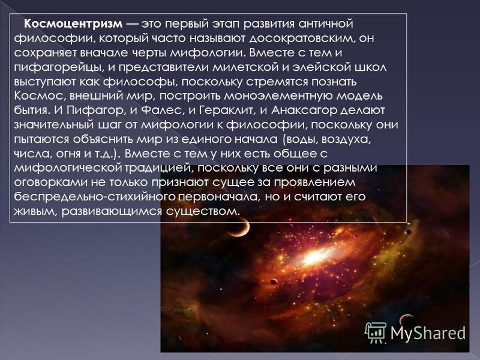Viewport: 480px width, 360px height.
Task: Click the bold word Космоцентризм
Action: click(x=73, y=24)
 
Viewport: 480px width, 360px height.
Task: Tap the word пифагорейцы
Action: click(x=57, y=68)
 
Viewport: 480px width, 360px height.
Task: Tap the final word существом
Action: click(x=202, y=212)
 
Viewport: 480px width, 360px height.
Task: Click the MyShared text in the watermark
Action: click(x=428, y=333)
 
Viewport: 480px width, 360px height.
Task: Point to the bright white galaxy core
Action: click(x=314, y=257)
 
